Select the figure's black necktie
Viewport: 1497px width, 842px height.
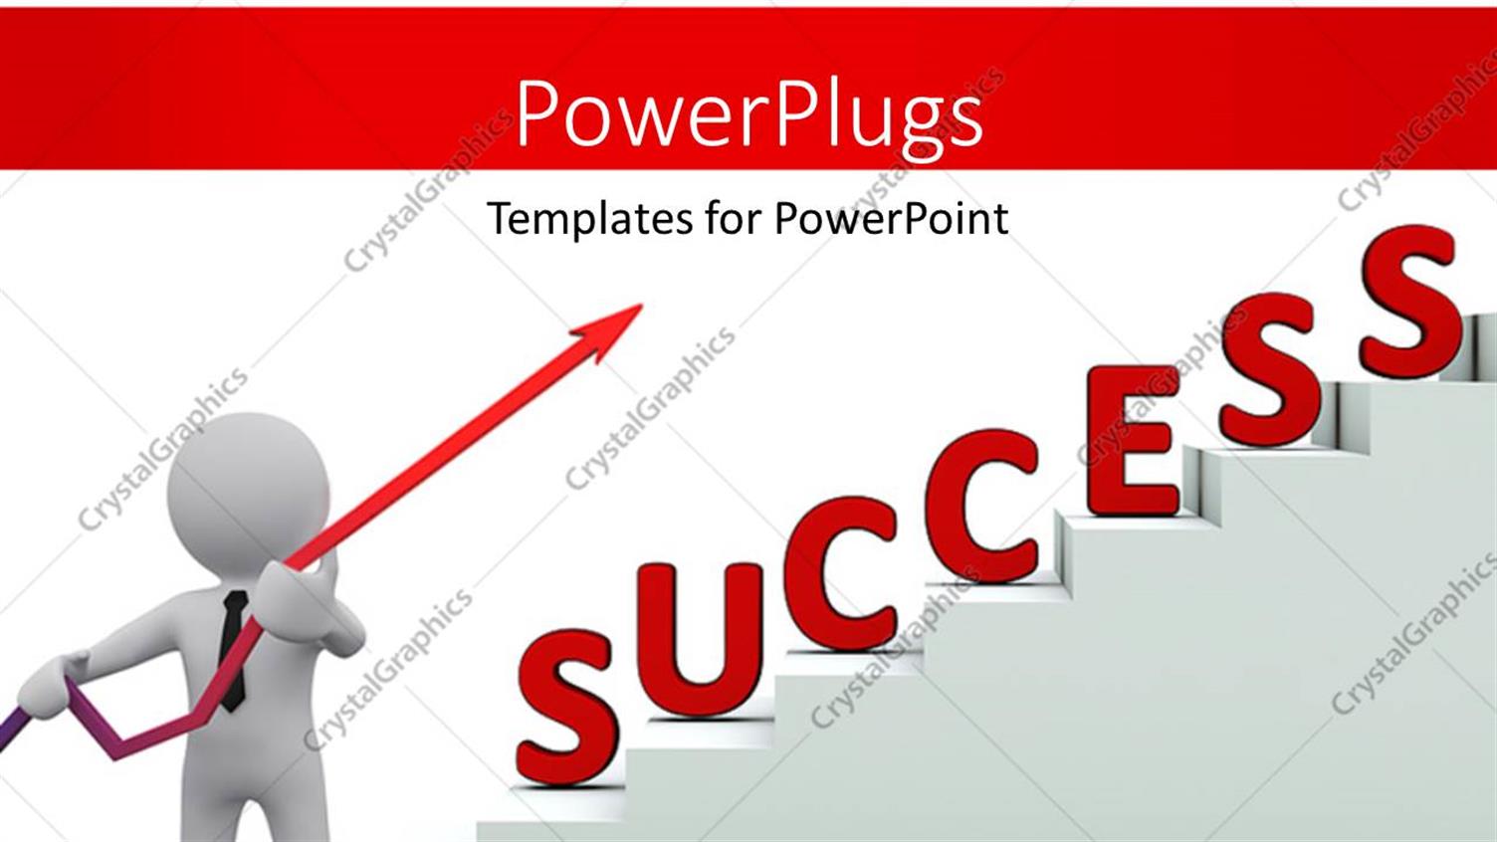(x=233, y=647)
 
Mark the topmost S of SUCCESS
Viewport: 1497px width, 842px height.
(x=1408, y=302)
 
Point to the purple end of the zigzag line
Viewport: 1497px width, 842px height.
(x=8, y=732)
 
